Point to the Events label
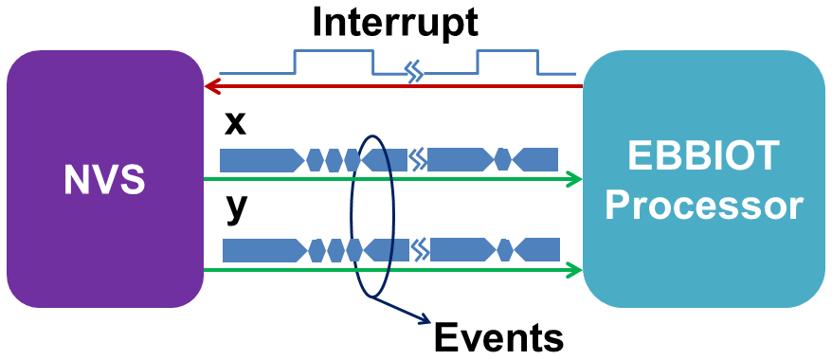(x=498, y=335)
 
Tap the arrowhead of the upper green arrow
(x=573, y=178)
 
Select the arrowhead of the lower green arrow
(x=573, y=271)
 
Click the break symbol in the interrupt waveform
(x=413, y=71)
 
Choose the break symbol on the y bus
(x=420, y=250)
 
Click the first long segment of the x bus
(x=261, y=159)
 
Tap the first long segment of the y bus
(x=262, y=250)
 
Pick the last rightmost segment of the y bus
(x=537, y=250)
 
